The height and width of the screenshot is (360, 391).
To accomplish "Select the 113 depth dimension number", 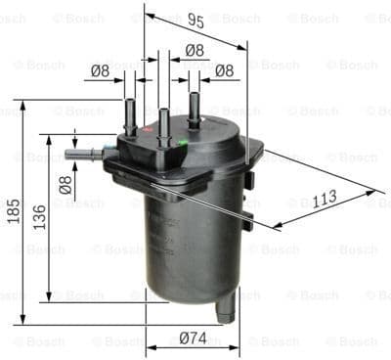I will tap(324, 199).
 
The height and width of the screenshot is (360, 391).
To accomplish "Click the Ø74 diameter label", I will tap(192, 339).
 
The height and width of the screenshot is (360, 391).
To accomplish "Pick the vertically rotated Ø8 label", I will tap(65, 184).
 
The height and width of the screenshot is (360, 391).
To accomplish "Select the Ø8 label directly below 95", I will tap(194, 50).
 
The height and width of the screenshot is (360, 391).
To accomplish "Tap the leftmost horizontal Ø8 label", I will tap(100, 69).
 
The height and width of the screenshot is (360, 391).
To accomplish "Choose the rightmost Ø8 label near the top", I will tap(223, 69).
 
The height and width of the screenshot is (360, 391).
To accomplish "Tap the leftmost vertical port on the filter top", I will tap(129, 112).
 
